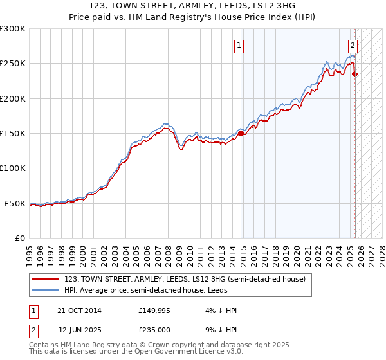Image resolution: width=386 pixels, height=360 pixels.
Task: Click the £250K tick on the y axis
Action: click(x=13, y=64)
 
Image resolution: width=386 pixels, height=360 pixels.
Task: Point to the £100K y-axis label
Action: click(x=13, y=168)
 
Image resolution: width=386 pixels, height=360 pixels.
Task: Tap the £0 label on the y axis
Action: click(x=19, y=238)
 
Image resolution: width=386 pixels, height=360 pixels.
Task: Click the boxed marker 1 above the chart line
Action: click(x=239, y=46)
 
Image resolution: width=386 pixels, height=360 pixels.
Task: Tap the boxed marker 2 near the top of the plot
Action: click(x=353, y=46)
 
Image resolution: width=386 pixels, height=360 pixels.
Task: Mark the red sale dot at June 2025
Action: click(x=355, y=75)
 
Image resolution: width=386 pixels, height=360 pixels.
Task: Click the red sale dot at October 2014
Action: click(x=241, y=134)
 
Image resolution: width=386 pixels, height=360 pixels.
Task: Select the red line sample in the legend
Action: click(x=46, y=279)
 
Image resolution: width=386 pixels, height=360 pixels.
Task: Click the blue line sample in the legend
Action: click(x=46, y=290)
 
